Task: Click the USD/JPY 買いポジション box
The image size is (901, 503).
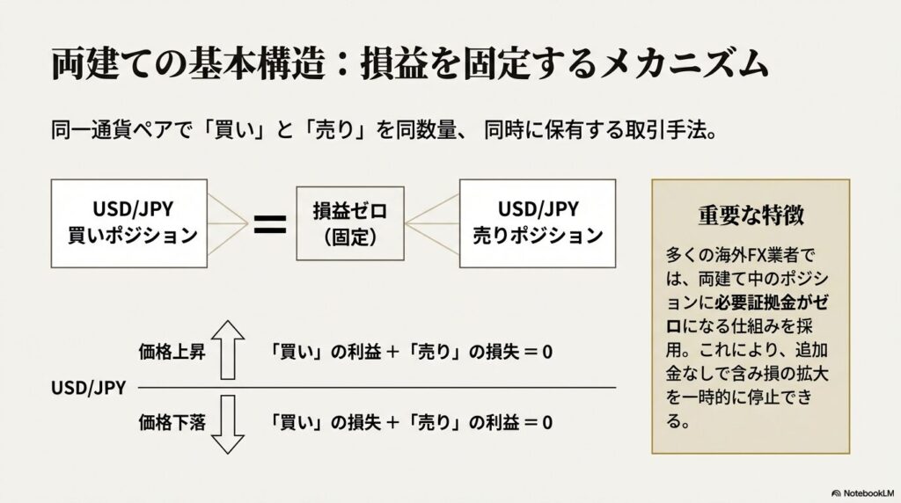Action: (x=129, y=223)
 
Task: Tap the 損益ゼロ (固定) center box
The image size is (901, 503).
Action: (x=350, y=223)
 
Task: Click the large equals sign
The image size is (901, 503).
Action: (x=270, y=223)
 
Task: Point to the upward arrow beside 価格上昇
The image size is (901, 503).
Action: (x=228, y=349)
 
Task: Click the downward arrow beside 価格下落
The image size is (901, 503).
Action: (x=228, y=423)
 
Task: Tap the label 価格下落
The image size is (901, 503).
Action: (x=172, y=422)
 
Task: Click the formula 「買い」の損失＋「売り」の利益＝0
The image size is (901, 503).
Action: (x=412, y=422)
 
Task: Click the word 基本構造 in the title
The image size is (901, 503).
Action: (x=265, y=66)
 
